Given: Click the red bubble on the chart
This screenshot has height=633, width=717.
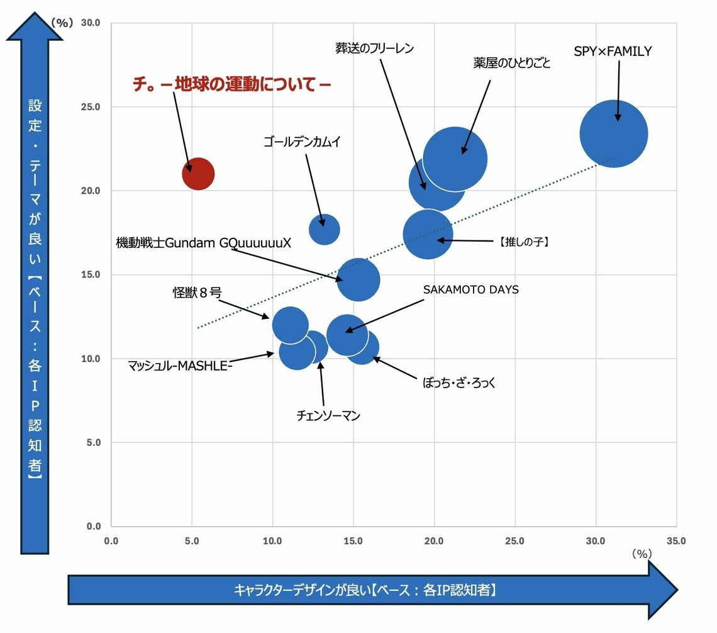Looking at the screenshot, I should pyautogui.click(x=198, y=174).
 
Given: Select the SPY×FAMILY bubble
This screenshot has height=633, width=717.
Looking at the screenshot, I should pyautogui.click(x=613, y=133).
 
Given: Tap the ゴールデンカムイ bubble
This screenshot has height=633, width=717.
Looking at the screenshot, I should pyautogui.click(x=324, y=229).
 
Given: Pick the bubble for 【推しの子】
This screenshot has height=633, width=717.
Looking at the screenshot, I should pyautogui.click(x=428, y=234).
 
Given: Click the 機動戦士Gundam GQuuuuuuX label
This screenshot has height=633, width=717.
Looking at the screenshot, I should pyautogui.click(x=204, y=243).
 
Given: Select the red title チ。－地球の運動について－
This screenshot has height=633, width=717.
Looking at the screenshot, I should pyautogui.click(x=231, y=84).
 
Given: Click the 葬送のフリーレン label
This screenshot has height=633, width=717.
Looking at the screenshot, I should pyautogui.click(x=375, y=48).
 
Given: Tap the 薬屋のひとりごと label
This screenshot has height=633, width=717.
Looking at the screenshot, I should pyautogui.click(x=511, y=63).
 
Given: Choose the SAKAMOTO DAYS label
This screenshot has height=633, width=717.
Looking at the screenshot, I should pyautogui.click(x=470, y=290).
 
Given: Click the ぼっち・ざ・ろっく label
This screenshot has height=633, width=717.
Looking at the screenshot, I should pyautogui.click(x=459, y=382).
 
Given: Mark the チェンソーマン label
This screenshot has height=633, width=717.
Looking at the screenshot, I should pyautogui.click(x=328, y=415).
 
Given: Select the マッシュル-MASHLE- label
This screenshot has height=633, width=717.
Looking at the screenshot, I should pyautogui.click(x=181, y=365).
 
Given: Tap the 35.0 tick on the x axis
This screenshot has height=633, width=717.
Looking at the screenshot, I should pyautogui.click(x=676, y=541).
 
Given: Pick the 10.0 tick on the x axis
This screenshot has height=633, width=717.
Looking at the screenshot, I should pyautogui.click(x=272, y=541).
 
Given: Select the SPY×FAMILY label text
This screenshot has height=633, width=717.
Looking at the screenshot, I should pyautogui.click(x=613, y=52).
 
